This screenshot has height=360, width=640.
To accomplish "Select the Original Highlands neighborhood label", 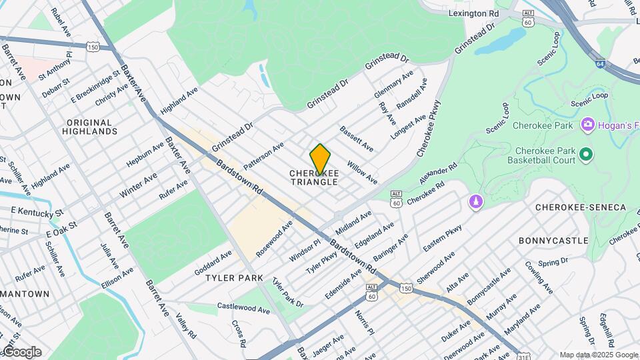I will point(97,127).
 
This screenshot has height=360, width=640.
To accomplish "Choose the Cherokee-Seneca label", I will point(581,207).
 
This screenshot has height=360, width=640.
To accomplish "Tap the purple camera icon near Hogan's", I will point(587,124).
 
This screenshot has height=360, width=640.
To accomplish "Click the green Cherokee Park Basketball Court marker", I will point(586,155).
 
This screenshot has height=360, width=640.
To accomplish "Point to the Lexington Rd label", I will point(474,13).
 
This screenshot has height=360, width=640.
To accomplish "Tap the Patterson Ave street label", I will point(264,155).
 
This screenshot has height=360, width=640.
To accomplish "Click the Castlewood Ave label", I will point(243,309).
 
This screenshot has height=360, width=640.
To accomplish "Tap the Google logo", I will point(22,352).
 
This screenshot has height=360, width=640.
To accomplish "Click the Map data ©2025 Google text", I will point(598,355).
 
